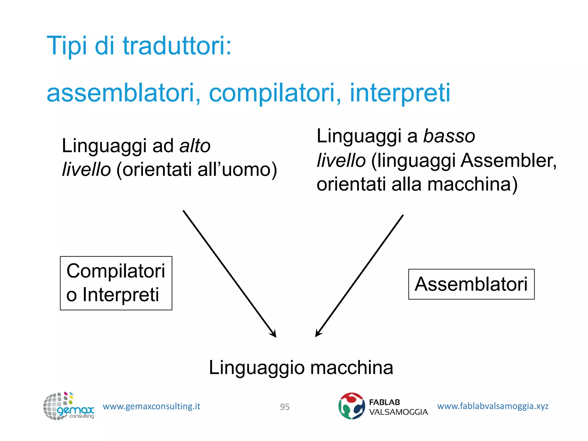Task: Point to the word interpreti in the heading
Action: coord(400,93)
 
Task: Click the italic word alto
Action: coord(195,146)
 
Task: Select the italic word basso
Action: coord(449,136)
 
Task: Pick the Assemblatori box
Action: coord(471,284)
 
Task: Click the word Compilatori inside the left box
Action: coord(116,271)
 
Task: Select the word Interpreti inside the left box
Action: coord(121,295)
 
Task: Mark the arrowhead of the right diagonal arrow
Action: coord(318,334)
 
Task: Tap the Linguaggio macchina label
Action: coord(301,368)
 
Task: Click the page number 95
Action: coord(285,407)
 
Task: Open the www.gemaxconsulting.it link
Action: coord(151,406)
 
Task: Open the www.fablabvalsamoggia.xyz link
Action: coord(492,406)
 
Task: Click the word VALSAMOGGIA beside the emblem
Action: coord(398,412)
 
